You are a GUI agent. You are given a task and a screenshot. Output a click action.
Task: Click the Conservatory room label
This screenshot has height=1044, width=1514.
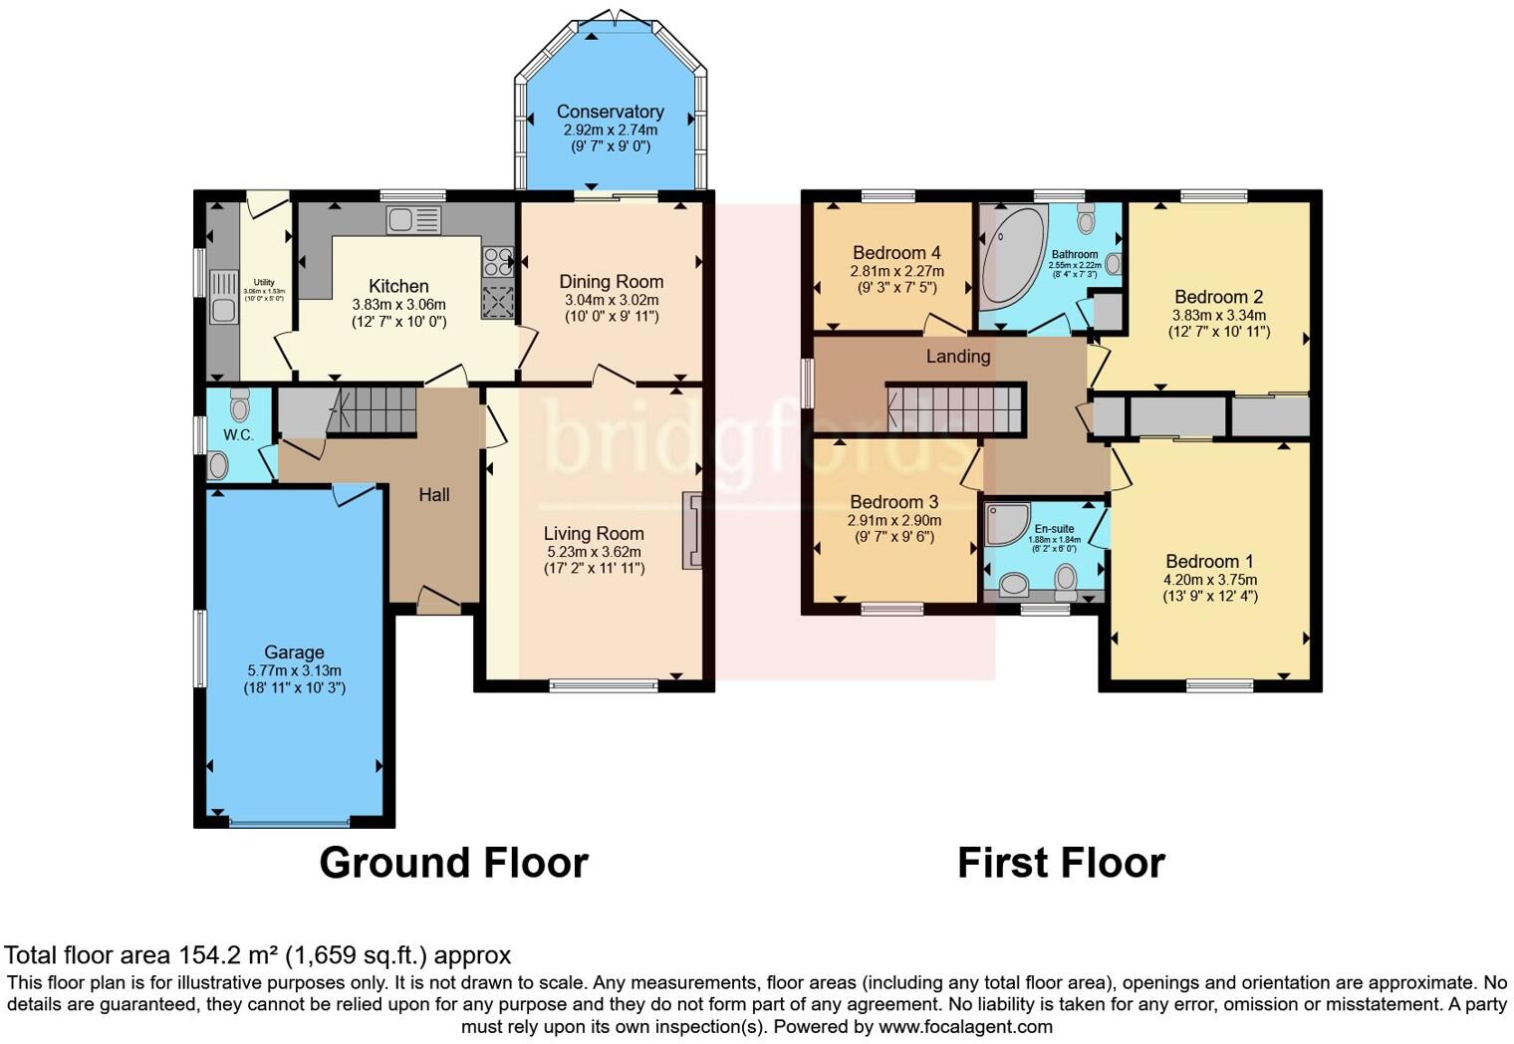(610, 112)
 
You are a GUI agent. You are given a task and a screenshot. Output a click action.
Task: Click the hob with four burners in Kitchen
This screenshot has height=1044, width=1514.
(497, 261)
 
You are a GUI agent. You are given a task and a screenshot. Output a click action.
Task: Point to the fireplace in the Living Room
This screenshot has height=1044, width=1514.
(691, 530)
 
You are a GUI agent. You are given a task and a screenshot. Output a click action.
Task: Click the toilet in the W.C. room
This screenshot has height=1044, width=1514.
(239, 404)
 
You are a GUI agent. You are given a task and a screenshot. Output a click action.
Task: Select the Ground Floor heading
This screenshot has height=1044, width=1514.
(453, 863)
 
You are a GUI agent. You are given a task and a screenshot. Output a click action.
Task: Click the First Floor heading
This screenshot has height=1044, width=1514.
(1061, 863)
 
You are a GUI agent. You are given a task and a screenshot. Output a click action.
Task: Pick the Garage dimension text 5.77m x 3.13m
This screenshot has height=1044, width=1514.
(294, 670)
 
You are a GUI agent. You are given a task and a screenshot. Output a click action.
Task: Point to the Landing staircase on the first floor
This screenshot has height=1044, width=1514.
(954, 408)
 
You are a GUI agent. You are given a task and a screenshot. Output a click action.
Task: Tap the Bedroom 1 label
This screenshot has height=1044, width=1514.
(1209, 561)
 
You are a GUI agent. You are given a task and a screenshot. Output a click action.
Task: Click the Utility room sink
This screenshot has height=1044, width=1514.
(222, 296)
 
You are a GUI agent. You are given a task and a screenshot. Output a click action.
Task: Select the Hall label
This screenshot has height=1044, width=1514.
(434, 495)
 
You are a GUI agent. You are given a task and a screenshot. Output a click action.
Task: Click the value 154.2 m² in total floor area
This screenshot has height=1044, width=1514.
(228, 955)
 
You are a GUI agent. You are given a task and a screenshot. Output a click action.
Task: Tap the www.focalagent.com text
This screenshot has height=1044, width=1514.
(964, 1026)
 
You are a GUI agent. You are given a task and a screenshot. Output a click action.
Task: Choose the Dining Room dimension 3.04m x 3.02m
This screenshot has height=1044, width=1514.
(611, 300)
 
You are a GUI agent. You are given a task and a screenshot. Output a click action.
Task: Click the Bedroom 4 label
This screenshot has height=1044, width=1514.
(896, 253)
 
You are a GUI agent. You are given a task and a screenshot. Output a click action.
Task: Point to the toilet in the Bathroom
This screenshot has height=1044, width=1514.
(1086, 219)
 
